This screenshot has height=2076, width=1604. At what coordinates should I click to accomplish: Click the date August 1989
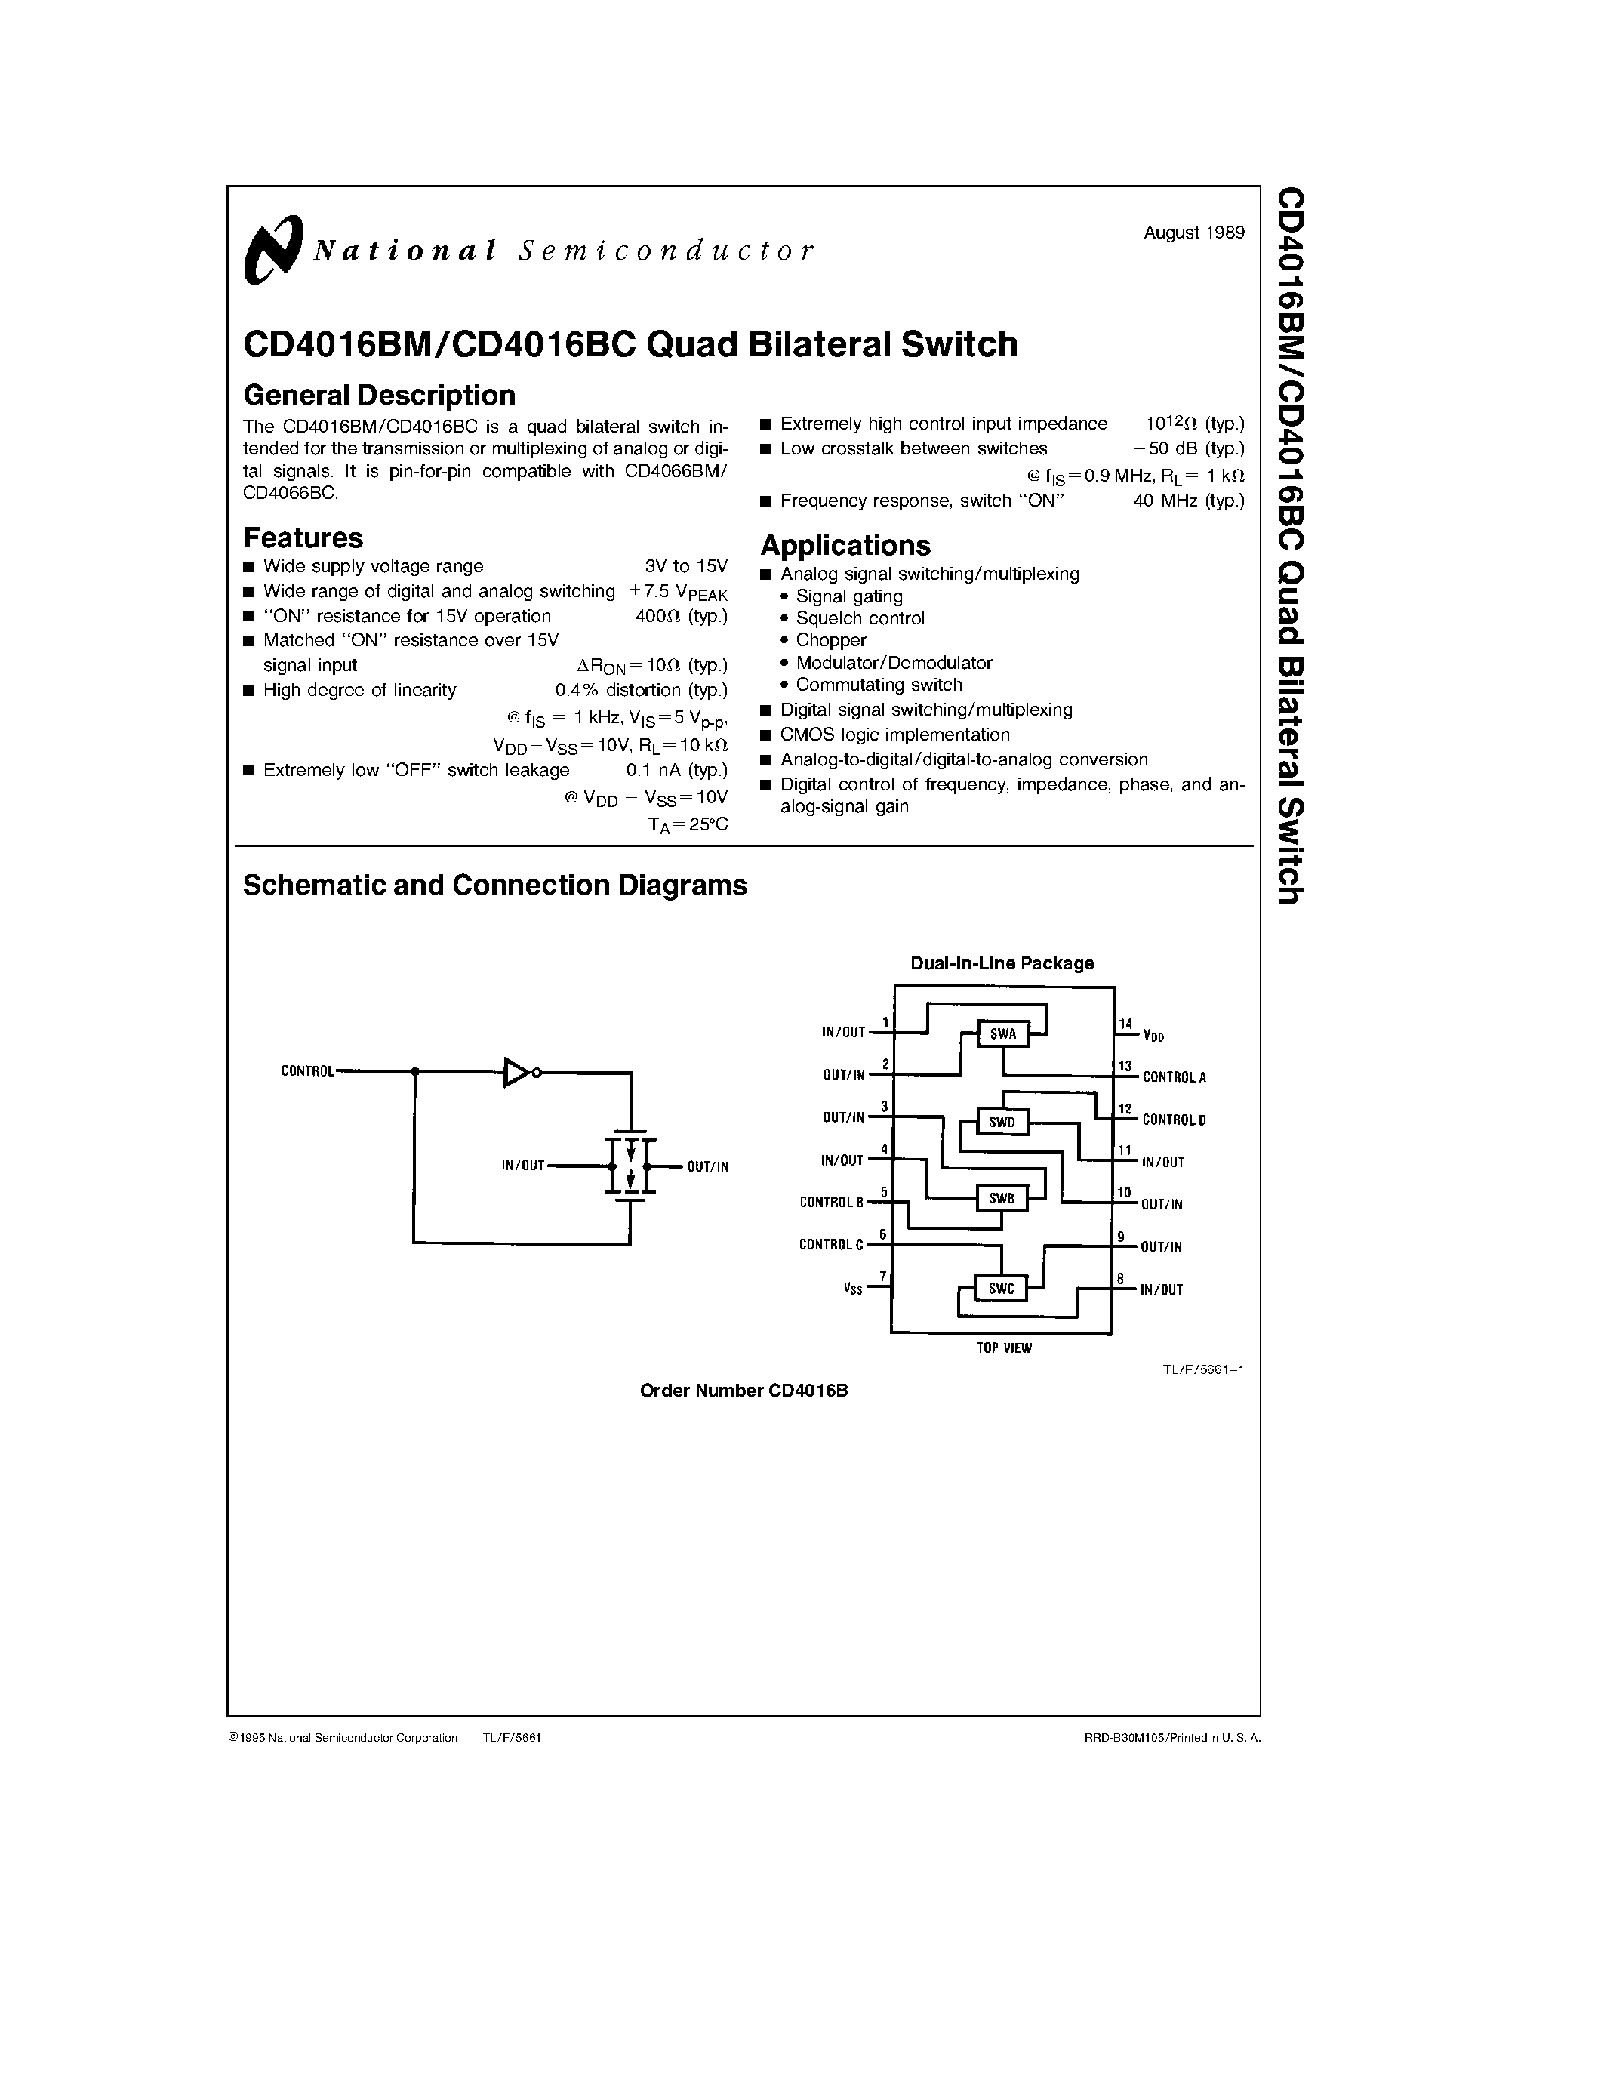coord(1193,233)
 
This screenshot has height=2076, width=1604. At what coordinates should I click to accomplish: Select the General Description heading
coord(379,395)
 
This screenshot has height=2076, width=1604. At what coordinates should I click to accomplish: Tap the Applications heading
coord(845,546)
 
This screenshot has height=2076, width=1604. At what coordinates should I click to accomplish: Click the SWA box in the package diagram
coord(1002,1034)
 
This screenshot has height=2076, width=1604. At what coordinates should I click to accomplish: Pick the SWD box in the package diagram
coord(1002,1122)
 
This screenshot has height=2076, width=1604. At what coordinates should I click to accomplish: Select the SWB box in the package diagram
coord(1002,1199)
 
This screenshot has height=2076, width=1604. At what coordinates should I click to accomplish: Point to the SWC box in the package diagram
coord(1002,1289)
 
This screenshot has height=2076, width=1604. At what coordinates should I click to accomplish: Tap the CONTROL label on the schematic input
coord(308,1071)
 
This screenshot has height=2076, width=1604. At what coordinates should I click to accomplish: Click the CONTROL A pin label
coord(1174,1077)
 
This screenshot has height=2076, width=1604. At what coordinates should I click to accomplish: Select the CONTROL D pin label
coord(1174,1120)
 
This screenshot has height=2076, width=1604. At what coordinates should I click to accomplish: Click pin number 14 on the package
coord(1125,1024)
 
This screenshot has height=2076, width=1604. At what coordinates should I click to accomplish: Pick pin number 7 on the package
coord(883,1277)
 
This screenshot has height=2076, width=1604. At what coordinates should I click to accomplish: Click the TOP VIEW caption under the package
coord(1003,1348)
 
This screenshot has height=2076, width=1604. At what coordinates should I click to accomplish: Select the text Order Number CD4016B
coord(743,1391)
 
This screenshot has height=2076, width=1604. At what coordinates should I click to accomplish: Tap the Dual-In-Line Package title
coord(1002,963)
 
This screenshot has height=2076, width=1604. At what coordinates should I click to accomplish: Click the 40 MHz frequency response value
coord(1188,501)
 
